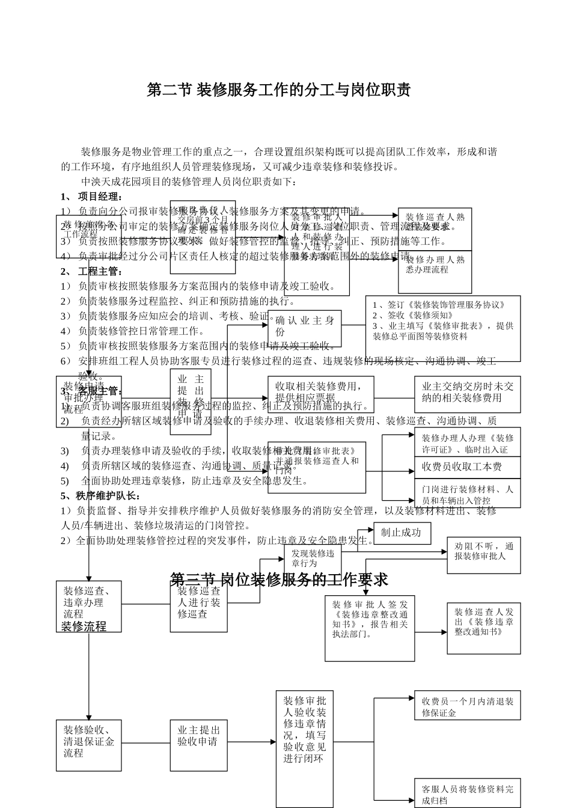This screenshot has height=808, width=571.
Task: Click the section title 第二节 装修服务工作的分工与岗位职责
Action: [279, 91]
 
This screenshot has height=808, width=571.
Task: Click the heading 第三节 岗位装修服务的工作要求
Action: [279, 580]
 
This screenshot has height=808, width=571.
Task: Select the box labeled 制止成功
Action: [402, 533]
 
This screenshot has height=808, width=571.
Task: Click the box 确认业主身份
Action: [305, 327]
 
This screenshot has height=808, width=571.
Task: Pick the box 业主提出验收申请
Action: [198, 736]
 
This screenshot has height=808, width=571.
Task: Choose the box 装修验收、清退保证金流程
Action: [88, 741]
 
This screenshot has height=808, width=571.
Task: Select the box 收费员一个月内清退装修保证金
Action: [467, 706]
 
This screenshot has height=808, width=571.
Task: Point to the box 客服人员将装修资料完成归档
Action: [467, 793]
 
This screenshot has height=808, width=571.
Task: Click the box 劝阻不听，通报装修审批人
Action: [483, 552]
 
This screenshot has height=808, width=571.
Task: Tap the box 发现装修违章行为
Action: [312, 559]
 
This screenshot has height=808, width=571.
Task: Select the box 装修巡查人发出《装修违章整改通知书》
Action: [483, 628]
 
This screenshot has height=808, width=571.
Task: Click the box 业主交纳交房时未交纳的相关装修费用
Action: [467, 393]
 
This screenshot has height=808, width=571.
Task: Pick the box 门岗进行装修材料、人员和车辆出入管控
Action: [467, 494]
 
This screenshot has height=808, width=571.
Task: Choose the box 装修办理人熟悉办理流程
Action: [435, 271]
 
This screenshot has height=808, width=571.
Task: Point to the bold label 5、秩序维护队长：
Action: [101, 496]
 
